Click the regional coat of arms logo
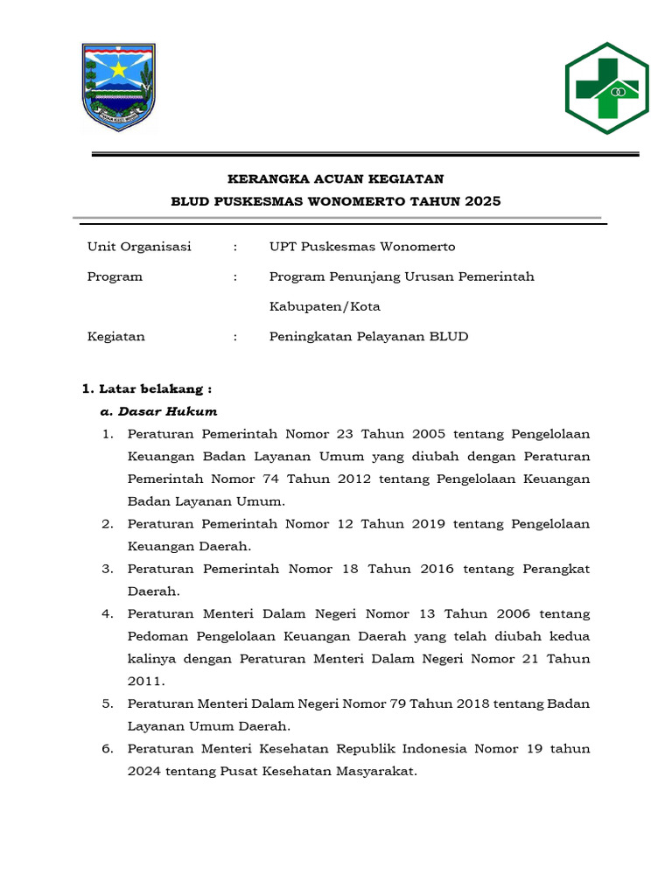118,87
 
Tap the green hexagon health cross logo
606,88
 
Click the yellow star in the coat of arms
117,68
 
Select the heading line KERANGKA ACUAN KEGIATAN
336,179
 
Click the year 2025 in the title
483,201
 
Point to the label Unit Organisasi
139,247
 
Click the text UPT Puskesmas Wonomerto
362,247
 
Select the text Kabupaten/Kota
325,307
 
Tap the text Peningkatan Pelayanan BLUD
368,337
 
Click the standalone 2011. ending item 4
145,681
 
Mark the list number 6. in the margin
108,749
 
